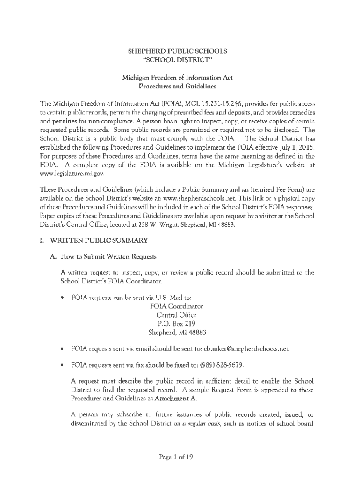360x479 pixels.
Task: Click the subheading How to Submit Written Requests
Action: tap(114, 257)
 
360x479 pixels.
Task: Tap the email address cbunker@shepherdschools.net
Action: tap(246, 349)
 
